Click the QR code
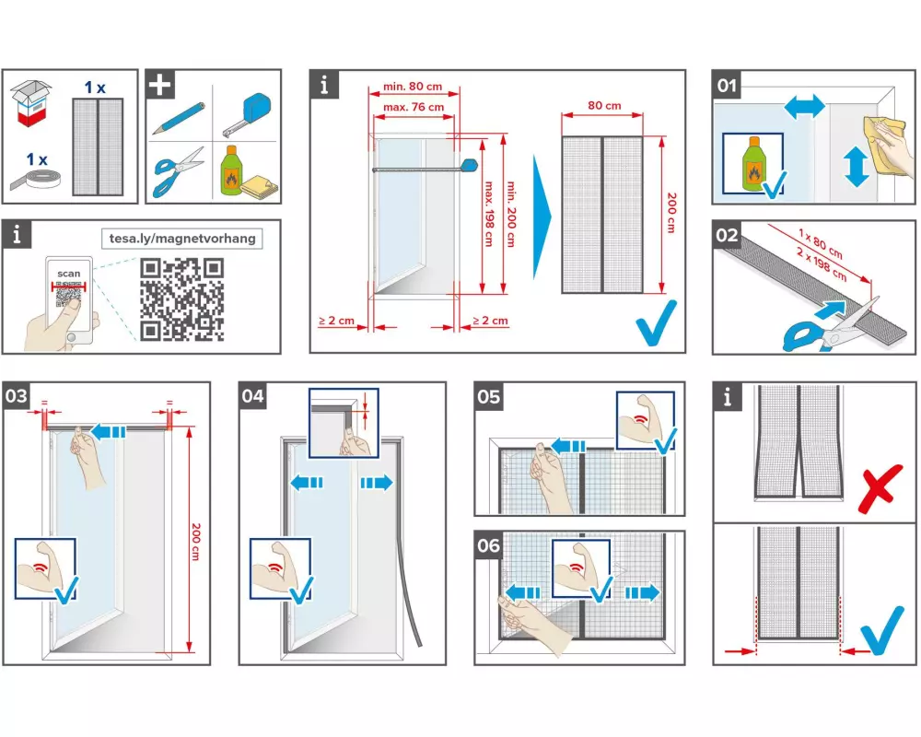pos(182,299)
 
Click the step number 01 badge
pos(729,87)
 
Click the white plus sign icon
pos(160,85)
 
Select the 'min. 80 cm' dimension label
pos(412,88)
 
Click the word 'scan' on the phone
pos(68,274)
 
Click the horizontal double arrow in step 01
pos(804,108)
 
